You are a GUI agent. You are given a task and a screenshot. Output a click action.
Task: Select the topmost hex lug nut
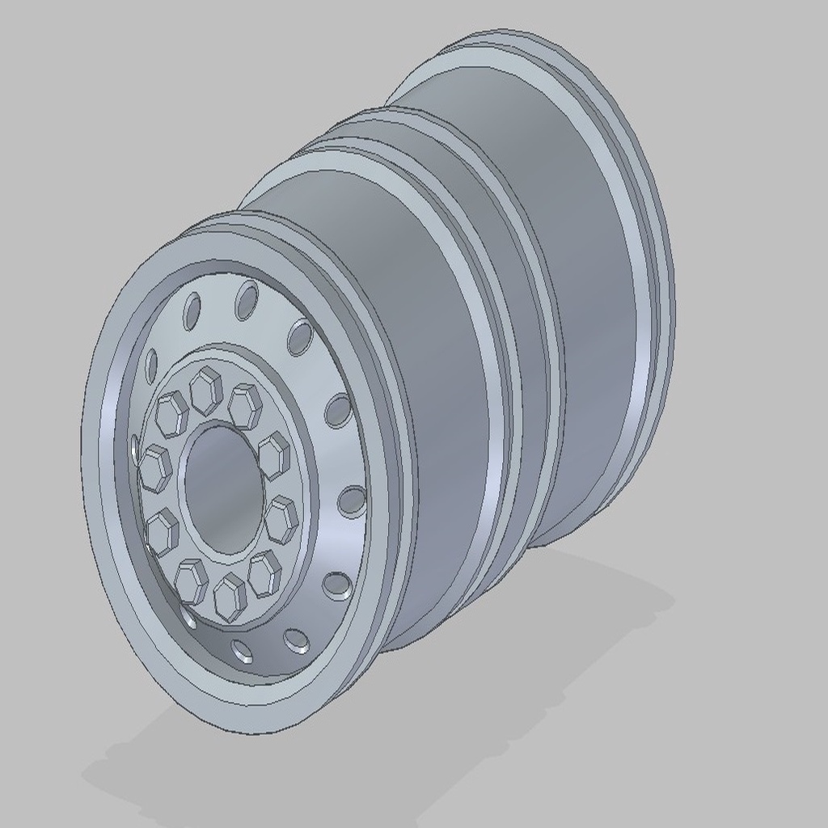coord(206,391)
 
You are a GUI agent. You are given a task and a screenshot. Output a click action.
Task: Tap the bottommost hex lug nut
coord(230,597)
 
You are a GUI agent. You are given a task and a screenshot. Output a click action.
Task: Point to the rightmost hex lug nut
coord(281,519)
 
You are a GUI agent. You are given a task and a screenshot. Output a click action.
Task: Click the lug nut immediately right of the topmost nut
coord(245,406)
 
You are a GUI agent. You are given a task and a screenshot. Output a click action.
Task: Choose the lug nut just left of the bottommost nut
coord(192,580)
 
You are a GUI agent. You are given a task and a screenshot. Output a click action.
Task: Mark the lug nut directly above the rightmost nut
coord(274,455)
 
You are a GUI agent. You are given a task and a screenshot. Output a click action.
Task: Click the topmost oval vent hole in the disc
coord(246,300)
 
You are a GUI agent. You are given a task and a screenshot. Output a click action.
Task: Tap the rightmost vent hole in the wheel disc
coord(352,501)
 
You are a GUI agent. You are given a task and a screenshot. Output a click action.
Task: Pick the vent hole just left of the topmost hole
coord(192,310)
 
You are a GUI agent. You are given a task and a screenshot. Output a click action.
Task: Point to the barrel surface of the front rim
coord(429,404)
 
